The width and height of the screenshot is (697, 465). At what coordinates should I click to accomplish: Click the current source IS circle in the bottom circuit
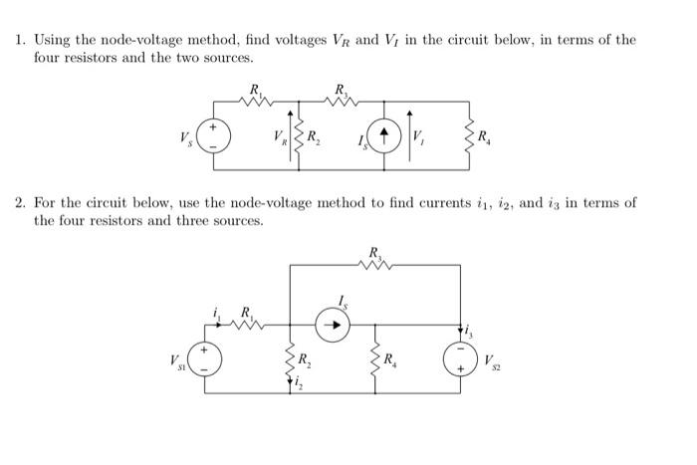[334, 323]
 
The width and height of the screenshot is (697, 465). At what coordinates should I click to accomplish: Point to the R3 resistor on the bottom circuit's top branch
[375, 265]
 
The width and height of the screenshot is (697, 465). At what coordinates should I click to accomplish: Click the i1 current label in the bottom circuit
[218, 314]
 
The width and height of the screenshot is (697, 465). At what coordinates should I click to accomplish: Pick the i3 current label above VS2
[471, 331]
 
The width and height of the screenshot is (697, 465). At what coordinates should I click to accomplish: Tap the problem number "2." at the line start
[21, 203]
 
